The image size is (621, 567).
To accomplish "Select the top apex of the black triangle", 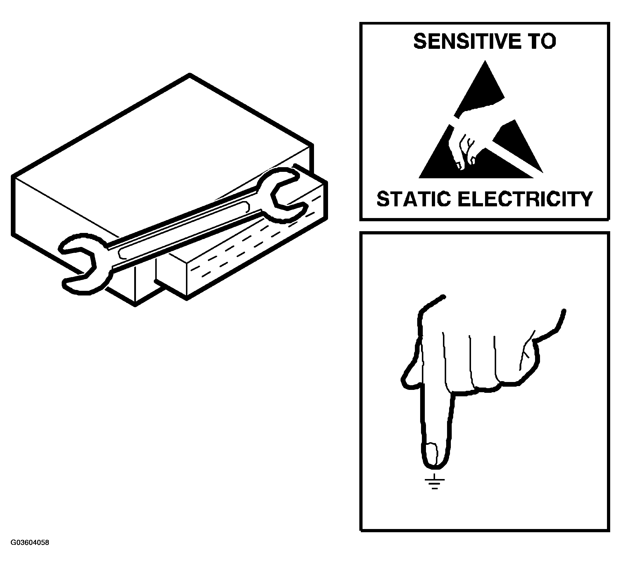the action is (x=485, y=61).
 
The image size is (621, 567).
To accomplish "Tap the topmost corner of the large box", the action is (x=190, y=74).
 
